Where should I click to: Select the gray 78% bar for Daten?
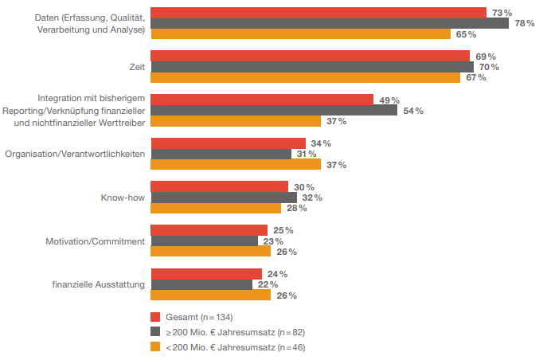pyautogui.click(x=329, y=23)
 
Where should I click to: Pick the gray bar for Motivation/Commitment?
pyautogui.click(x=204, y=241)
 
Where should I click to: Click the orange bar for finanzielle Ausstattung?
pyautogui.click(x=210, y=295)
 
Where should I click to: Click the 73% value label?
pyautogui.click(x=502, y=13)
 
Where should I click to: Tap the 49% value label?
pyautogui.click(x=389, y=100)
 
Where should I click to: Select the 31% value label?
pyautogui.click(x=307, y=154)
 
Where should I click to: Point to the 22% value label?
pyautogui.click(x=268, y=284)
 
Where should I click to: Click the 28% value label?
pyautogui.click(x=296, y=208)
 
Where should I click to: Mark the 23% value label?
pyautogui.click(x=273, y=241)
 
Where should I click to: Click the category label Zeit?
pyautogui.click(x=136, y=68)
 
